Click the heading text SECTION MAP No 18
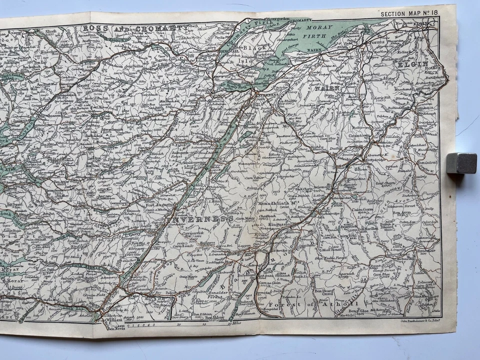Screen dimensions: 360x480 409,14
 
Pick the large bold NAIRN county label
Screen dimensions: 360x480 327,88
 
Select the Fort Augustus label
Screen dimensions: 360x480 159,204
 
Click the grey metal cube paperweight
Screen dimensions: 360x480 461,163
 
